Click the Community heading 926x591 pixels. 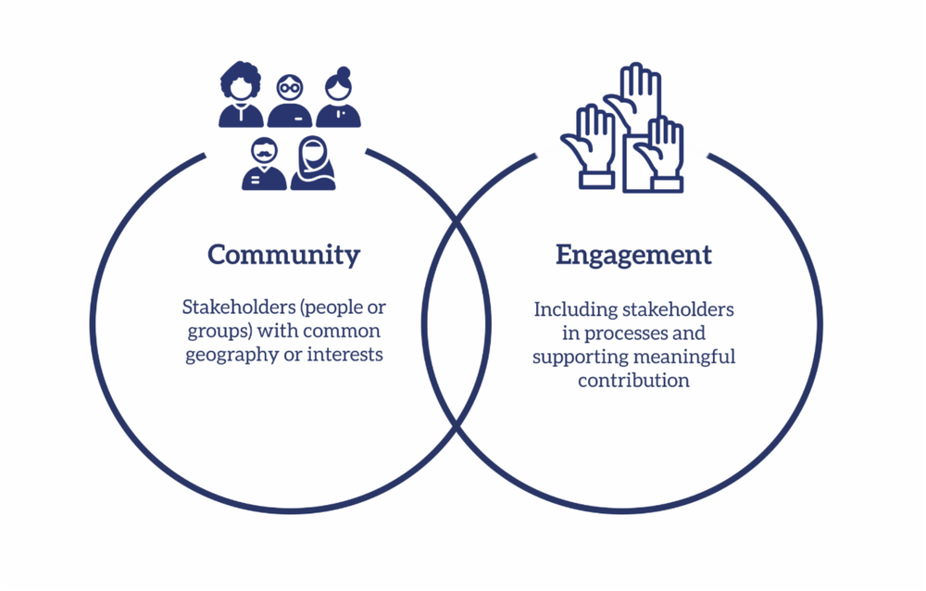(283, 255)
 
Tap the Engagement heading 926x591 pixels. (633, 255)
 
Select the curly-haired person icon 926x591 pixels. (241, 94)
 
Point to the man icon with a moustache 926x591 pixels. (264, 164)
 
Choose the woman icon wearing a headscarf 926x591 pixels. (313, 164)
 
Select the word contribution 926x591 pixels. (633, 381)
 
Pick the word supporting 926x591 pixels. (576, 357)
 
